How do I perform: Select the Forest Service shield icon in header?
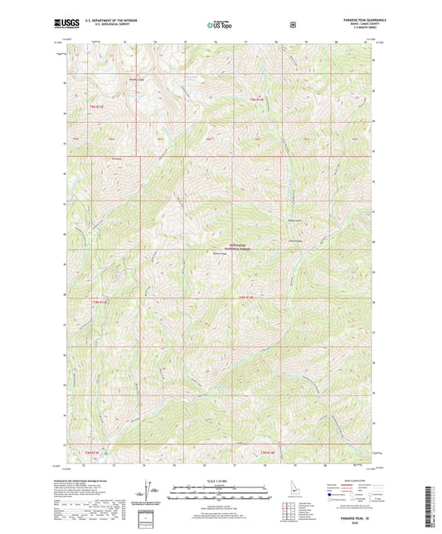point(292,25)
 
